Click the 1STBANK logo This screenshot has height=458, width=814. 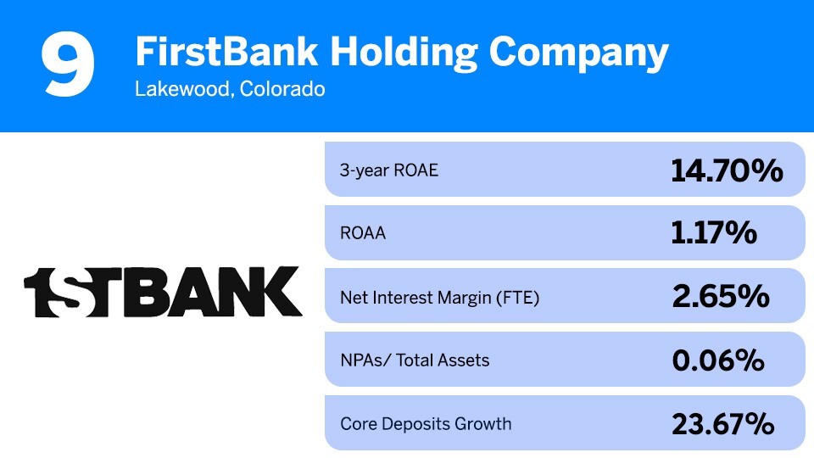click(x=162, y=292)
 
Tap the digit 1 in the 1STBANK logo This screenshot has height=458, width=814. click(x=39, y=293)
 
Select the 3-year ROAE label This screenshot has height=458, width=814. click(x=389, y=170)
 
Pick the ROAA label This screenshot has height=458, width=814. click(x=363, y=233)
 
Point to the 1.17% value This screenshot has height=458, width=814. click(x=714, y=233)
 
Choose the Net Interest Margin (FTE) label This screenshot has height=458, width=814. click(x=439, y=297)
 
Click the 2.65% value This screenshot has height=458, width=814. click(x=720, y=297)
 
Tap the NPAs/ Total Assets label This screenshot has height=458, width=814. click(x=415, y=360)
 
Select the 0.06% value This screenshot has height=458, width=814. click(x=718, y=360)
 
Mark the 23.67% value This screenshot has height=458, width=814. click(x=723, y=423)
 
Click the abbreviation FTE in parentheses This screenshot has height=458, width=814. click(x=518, y=297)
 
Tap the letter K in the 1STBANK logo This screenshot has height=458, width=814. click(x=281, y=293)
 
